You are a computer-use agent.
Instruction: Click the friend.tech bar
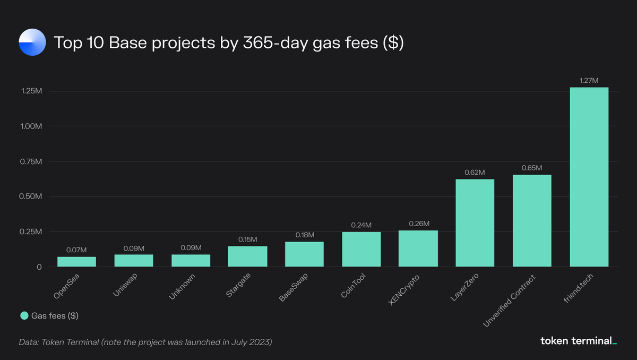(589, 177)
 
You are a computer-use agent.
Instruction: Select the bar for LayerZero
(475, 223)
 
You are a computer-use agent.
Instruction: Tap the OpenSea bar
(76, 261)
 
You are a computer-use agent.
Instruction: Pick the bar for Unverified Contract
(532, 220)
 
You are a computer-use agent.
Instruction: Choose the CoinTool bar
(361, 249)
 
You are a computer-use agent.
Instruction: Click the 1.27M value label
(589, 81)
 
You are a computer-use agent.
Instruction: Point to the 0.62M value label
(475, 173)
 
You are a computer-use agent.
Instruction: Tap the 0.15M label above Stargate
(247, 239)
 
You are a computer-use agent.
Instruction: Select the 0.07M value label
(76, 250)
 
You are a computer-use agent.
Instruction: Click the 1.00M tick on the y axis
(30, 126)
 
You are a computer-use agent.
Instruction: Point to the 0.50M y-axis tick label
(30, 196)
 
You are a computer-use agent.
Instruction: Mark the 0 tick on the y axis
(39, 267)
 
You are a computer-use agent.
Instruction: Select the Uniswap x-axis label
(126, 285)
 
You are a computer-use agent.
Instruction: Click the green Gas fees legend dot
(24, 316)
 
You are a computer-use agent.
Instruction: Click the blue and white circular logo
(33, 43)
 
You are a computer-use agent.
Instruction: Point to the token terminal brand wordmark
(578, 341)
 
